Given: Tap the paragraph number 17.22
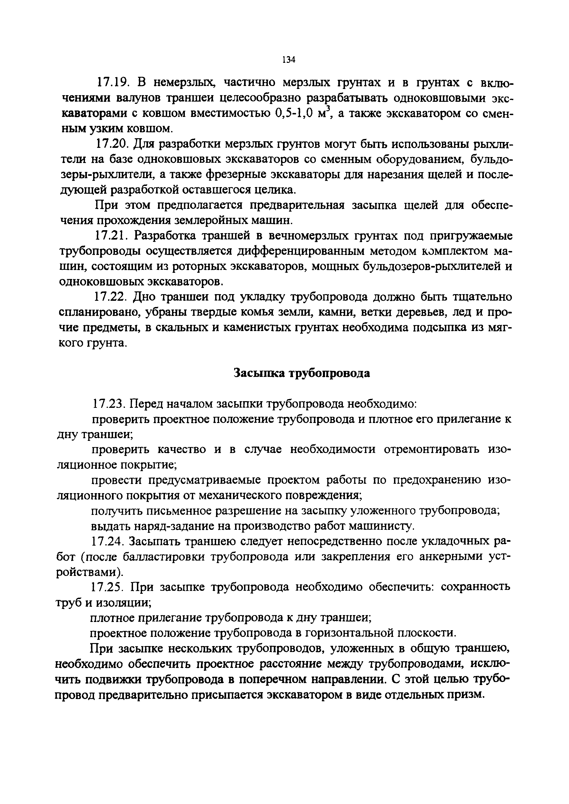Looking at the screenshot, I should tap(111, 297).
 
